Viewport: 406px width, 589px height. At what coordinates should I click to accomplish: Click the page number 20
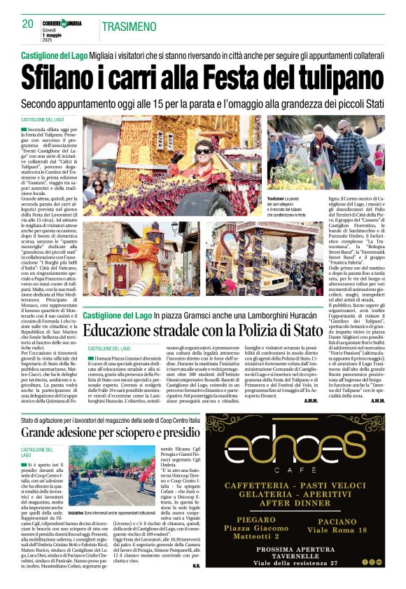click(x=27, y=23)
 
